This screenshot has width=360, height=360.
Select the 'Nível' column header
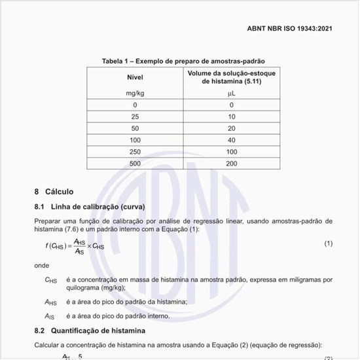point(135,77)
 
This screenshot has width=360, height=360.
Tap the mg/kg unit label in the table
point(135,94)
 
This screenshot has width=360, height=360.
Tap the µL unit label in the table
point(231,94)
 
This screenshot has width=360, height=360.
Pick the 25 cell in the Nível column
point(135,117)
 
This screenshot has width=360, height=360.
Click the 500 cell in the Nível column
point(135,163)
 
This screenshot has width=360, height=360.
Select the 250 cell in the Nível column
point(135,151)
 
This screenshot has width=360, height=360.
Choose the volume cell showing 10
point(231,117)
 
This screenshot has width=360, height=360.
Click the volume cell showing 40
point(231,140)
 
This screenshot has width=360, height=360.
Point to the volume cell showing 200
point(231,163)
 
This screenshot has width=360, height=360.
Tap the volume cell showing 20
point(231,128)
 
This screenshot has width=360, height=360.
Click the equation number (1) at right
point(329,243)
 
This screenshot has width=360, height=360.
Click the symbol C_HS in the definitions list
point(51,280)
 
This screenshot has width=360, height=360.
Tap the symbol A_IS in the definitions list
point(50,316)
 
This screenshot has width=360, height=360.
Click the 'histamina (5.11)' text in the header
point(231,81)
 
